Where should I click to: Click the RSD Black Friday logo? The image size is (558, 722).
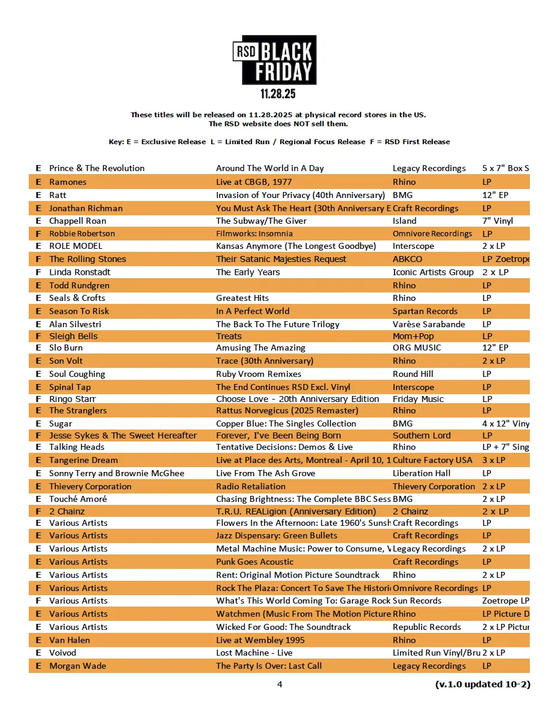(x=274, y=60)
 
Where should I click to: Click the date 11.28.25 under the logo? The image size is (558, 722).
(x=278, y=95)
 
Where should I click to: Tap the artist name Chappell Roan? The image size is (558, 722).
(x=78, y=221)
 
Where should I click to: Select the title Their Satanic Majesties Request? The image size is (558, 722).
(x=281, y=259)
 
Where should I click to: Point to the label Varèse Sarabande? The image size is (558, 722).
(x=429, y=324)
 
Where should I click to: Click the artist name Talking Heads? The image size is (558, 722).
(x=77, y=447)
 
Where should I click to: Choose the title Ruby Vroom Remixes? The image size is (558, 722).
(x=259, y=374)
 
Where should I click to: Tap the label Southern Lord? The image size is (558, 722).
(x=421, y=435)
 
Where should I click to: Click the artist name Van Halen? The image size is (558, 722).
(x=69, y=640)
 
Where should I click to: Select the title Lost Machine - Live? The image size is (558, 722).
(x=254, y=653)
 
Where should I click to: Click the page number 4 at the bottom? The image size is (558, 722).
(x=279, y=684)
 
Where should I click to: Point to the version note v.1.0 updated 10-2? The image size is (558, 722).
(x=483, y=684)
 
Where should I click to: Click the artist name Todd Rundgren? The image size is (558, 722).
(x=79, y=285)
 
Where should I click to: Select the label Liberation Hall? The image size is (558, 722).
(x=421, y=473)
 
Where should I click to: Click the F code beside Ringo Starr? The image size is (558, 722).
(x=38, y=399)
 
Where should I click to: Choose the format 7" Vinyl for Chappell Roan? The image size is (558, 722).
(x=498, y=221)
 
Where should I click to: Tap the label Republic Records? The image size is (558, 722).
(x=427, y=627)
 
